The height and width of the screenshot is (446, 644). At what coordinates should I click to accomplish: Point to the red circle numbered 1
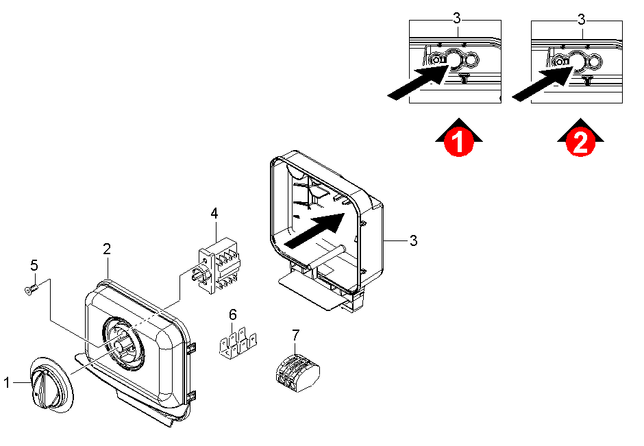[459, 142]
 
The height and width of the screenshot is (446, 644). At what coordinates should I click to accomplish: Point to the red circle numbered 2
[580, 142]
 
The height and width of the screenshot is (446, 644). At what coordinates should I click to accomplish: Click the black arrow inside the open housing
[314, 230]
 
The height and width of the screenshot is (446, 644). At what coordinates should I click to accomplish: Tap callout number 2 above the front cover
[107, 249]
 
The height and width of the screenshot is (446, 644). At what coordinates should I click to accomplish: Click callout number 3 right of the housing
[413, 240]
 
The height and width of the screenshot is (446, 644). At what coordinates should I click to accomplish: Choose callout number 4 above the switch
[214, 214]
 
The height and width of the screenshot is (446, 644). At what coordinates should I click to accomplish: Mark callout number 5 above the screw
[34, 265]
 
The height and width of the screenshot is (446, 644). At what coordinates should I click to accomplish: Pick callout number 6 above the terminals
[233, 314]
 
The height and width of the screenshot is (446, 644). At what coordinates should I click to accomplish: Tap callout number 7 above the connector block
[296, 335]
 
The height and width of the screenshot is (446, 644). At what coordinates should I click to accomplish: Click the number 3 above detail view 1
[457, 19]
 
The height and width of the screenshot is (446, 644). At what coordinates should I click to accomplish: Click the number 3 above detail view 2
[581, 19]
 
